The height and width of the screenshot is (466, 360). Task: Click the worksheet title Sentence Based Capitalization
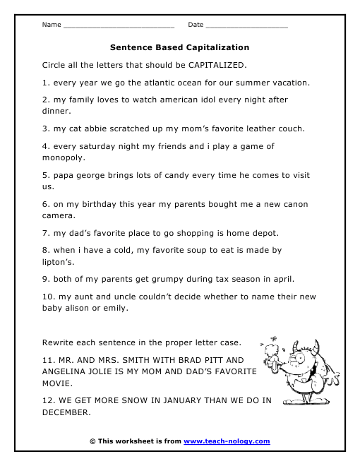pos(180,48)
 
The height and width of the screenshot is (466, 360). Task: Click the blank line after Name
pos(119,26)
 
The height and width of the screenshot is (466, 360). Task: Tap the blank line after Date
pos(246,26)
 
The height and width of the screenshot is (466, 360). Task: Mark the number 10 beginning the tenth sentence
pos(48,297)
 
